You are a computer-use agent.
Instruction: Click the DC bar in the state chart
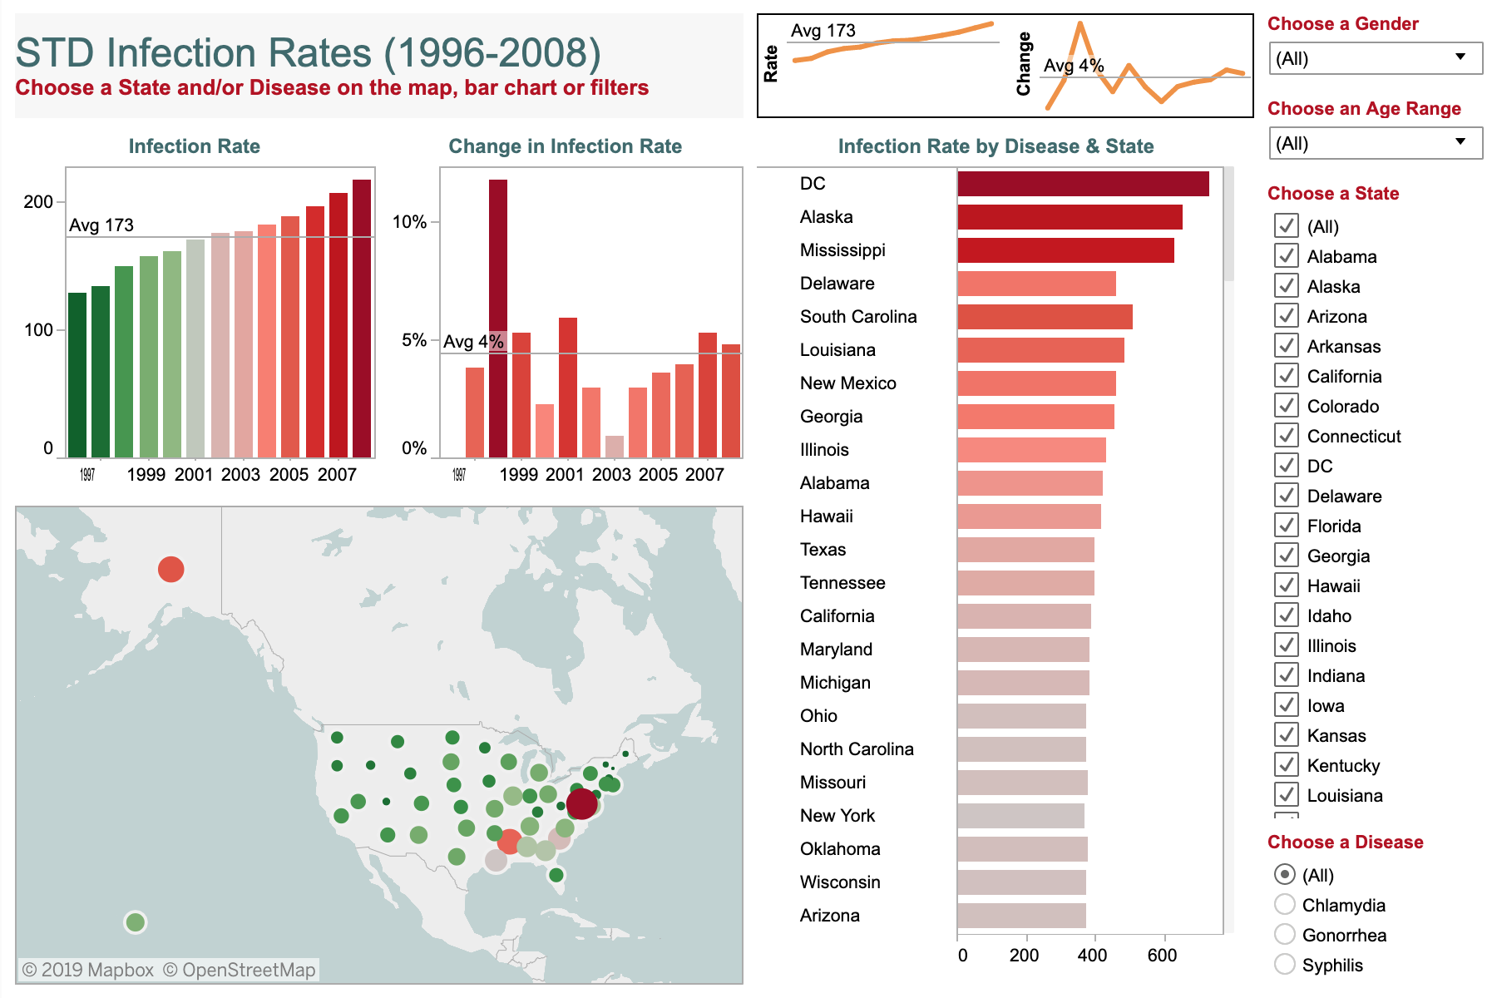click(1083, 184)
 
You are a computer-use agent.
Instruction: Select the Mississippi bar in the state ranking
click(1065, 250)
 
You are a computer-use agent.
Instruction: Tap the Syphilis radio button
click(1285, 964)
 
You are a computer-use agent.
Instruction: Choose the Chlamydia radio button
click(1285, 904)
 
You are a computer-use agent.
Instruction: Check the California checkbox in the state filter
click(1287, 375)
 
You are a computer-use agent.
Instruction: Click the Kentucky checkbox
click(1287, 764)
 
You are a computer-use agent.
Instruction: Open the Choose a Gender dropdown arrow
click(1460, 57)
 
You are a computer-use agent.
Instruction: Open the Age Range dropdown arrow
click(1460, 142)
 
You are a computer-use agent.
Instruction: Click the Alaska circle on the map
click(170, 569)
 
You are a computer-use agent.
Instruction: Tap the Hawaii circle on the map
click(135, 921)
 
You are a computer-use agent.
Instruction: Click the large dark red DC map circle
click(581, 803)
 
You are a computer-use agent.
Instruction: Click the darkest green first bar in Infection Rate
click(77, 374)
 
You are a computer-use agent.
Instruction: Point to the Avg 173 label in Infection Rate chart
click(101, 225)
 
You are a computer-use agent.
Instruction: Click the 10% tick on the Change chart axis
click(409, 222)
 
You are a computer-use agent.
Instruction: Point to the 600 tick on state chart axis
click(1161, 956)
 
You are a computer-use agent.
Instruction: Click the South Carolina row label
click(857, 317)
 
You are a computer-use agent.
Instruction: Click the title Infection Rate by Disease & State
click(995, 146)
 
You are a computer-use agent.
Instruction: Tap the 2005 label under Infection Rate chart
click(289, 475)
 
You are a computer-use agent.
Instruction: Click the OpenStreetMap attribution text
click(239, 970)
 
